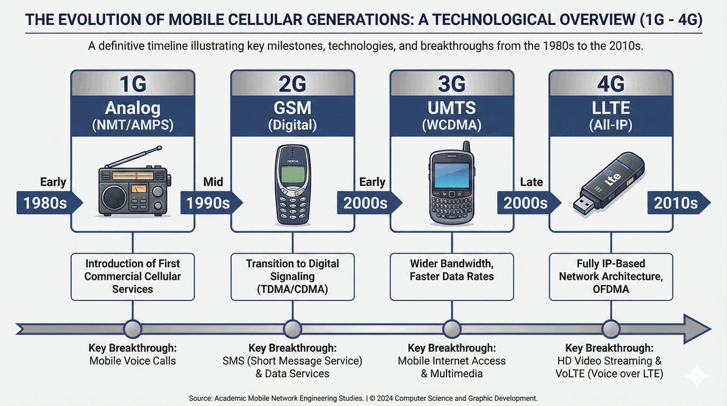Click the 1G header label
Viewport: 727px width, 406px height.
(133, 84)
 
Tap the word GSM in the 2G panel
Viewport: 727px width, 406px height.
(293, 108)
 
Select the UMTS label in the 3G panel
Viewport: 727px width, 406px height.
(451, 108)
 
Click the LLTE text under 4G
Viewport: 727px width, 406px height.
(611, 108)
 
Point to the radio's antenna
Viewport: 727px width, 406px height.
(133, 156)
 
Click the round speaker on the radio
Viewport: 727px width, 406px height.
(114, 198)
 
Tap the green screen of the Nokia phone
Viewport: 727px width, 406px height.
(293, 175)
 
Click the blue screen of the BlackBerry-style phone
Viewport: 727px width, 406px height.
(452, 175)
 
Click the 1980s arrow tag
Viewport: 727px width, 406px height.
(49, 203)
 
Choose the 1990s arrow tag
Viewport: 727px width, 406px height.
(211, 203)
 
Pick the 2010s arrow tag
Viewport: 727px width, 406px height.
(679, 203)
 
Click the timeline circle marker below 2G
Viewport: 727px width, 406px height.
(293, 329)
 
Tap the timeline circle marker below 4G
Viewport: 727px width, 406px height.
(611, 329)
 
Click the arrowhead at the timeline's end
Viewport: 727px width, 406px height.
(697, 329)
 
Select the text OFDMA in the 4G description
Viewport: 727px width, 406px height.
(611, 289)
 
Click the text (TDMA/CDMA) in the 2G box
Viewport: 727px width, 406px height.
(293, 289)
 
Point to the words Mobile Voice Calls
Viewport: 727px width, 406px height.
(133, 361)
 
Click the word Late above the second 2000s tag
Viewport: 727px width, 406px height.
(531, 182)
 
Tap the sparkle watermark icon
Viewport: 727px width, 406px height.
(697, 376)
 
